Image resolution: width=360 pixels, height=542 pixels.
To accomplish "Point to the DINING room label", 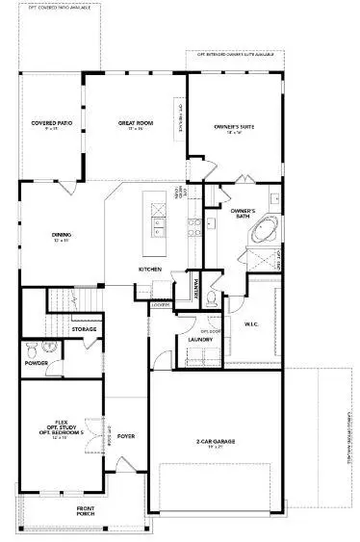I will [63, 232].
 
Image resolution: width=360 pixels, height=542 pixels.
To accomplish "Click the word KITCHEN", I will [148, 270].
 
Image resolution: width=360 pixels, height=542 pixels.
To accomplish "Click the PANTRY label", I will [189, 283].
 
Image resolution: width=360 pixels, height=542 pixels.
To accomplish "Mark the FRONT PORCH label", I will [87, 509].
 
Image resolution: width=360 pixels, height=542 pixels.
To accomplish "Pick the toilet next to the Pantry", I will [211, 300].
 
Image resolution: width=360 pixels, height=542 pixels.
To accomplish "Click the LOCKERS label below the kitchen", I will [156, 305].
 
